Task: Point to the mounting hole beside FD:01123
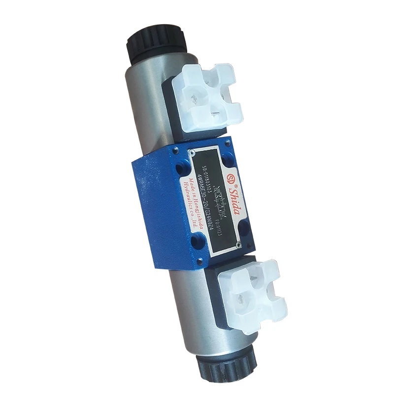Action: [x=244, y=227]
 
